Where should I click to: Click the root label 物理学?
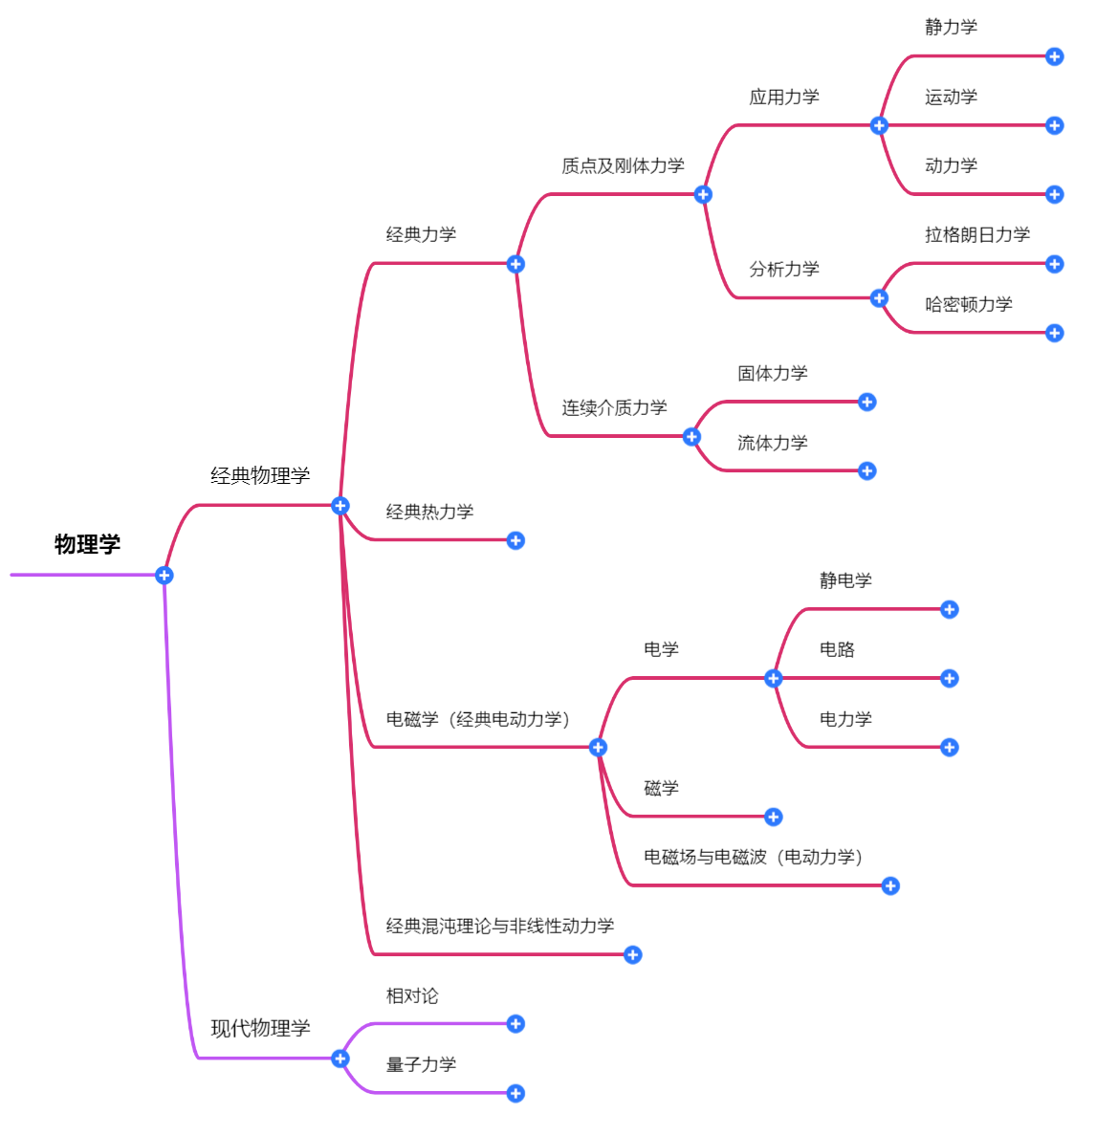coord(87,544)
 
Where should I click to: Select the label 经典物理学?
coord(260,475)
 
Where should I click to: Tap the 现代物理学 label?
coord(260,1028)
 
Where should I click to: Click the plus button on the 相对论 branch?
coord(515,1024)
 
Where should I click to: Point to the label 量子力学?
coord(421,1064)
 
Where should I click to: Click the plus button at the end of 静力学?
coord(1055,56)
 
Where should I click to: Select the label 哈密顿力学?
coord(968,304)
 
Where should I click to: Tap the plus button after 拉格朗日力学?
coord(1055,264)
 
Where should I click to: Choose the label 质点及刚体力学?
coord(623,165)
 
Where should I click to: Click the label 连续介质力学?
coord(614,407)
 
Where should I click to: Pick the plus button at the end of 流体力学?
coord(867,470)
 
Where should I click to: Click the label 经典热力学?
coord(429,512)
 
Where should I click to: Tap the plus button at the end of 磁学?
coord(774,817)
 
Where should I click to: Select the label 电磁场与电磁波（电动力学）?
coord(753,857)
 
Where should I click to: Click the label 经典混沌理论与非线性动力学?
coord(499,926)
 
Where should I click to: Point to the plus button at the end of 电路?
coord(950,678)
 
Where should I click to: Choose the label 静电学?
coord(845,580)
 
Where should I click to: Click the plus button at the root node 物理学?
coord(164,575)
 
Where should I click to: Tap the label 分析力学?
coord(784,269)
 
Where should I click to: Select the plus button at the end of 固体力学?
coord(867,402)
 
